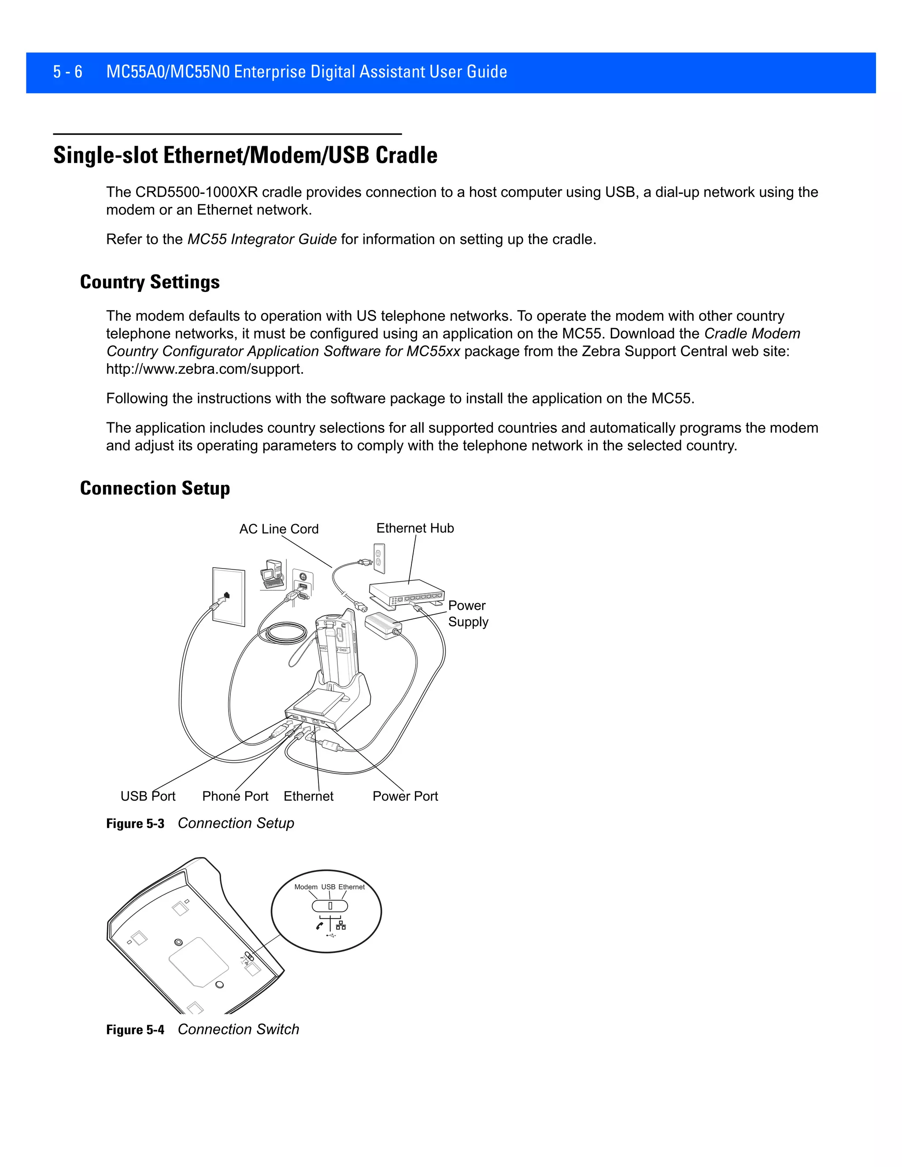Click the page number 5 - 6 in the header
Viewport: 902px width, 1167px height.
tap(67, 72)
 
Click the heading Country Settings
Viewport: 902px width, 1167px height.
tap(150, 281)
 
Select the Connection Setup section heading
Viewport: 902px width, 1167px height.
tap(155, 488)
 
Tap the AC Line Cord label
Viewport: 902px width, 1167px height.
tap(278, 529)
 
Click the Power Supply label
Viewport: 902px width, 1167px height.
tap(468, 613)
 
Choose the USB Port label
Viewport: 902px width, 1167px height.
tap(148, 796)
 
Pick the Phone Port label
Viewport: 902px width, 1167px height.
tap(235, 796)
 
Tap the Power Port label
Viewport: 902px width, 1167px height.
tap(405, 796)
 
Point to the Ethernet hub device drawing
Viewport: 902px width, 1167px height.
tap(406, 592)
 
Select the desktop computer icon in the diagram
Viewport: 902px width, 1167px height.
tap(272, 574)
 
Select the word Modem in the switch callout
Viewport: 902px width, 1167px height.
tap(306, 887)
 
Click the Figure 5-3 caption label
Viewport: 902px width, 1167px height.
tap(135, 824)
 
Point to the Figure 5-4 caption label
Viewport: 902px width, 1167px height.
tap(135, 1030)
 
